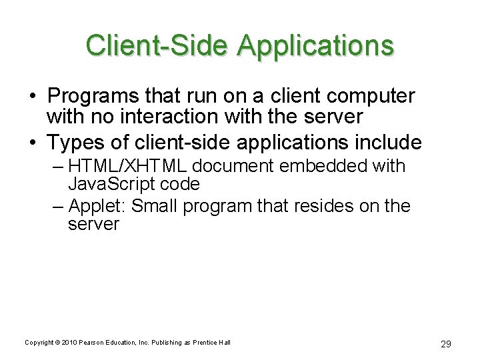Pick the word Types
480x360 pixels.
73,142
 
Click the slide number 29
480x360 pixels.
446,343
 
